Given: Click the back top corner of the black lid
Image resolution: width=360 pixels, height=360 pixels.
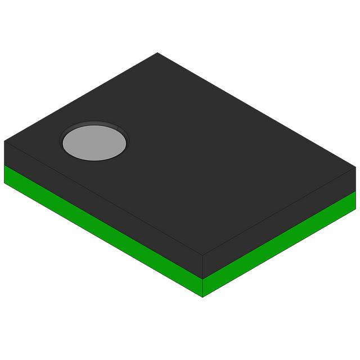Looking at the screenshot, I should (157, 53).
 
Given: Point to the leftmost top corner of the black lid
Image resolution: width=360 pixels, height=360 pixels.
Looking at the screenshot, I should (4, 141).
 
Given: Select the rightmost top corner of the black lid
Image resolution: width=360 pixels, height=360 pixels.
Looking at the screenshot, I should (355, 167).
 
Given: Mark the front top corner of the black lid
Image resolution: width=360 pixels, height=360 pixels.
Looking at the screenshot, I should (202, 255).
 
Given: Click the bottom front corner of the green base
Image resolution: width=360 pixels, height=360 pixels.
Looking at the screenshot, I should (202, 296).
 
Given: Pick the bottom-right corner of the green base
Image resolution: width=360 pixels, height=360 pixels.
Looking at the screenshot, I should (355, 209).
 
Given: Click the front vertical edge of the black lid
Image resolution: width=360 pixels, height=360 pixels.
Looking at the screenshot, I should (202, 265).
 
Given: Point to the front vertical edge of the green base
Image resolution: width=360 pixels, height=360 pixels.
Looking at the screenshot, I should (202, 287).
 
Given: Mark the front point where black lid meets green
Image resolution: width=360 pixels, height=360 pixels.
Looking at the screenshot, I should (202, 277).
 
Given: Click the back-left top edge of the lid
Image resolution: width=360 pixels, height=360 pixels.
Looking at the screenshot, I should (81, 97).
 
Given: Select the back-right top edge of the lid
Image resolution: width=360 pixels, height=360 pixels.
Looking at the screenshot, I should (256, 110).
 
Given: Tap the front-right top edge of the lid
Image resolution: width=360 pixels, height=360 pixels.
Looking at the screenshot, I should (279, 211).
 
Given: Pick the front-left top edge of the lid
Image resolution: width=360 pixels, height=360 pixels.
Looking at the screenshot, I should (103, 197).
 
